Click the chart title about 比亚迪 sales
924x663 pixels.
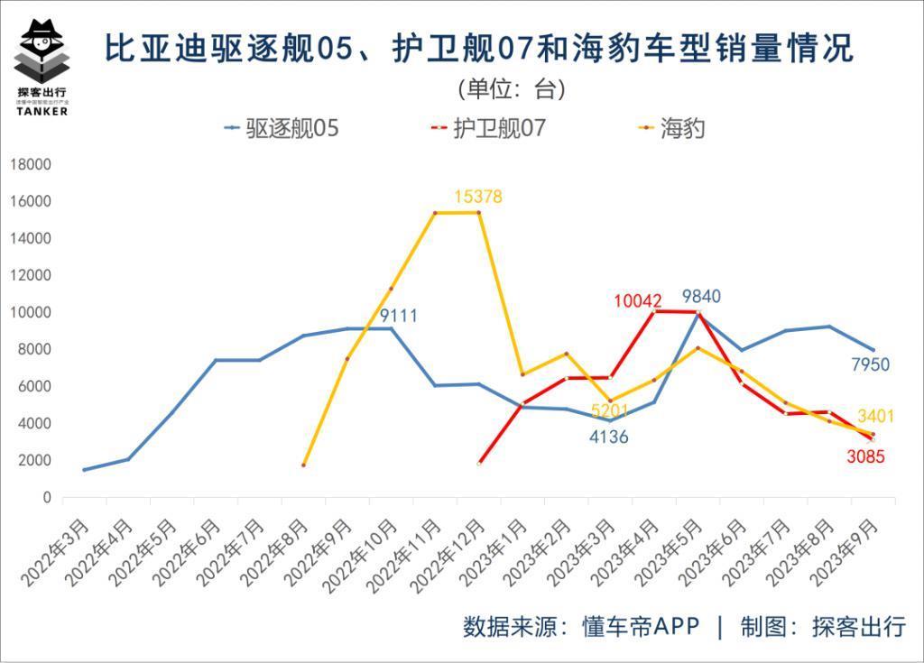[x=479, y=48]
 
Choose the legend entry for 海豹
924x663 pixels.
[x=671, y=128]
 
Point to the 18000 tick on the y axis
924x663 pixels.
[x=31, y=164]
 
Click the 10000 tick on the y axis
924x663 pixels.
[x=31, y=312]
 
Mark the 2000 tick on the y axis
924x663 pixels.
[x=34, y=460]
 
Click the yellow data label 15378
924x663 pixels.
[x=478, y=197]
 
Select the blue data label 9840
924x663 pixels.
[x=701, y=297]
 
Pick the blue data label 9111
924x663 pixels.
[x=398, y=316]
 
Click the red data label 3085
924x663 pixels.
[x=865, y=456]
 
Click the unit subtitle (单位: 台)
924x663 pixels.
[x=511, y=88]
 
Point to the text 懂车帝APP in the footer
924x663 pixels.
[x=642, y=627]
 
